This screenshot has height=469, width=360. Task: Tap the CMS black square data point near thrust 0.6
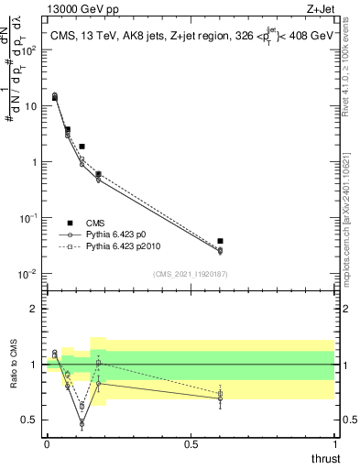coord(220,241)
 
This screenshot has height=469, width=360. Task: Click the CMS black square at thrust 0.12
coord(82,147)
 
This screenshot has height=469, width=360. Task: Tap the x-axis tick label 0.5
coord(191,444)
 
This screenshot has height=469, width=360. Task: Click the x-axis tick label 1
coord(334,444)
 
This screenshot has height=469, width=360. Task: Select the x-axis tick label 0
coord(47,444)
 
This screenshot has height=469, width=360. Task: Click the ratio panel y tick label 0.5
coord(27,420)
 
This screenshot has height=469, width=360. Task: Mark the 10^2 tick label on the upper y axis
coord(27,49)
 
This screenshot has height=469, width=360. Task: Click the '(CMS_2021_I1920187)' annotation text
coord(190,273)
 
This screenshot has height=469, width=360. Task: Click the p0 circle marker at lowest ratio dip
coord(82,424)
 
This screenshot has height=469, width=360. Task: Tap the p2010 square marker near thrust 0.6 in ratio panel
coord(220,394)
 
